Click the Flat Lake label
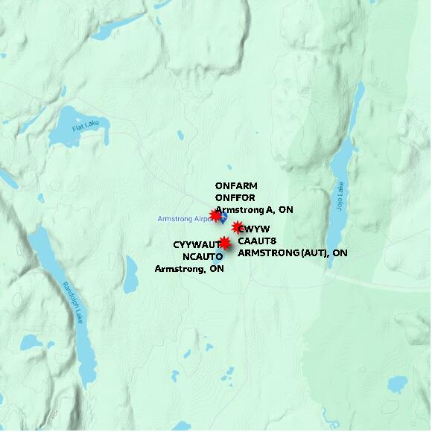(x=86, y=127)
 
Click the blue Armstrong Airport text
(x=183, y=219)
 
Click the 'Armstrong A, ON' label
(x=254, y=210)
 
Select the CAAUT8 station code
(x=258, y=241)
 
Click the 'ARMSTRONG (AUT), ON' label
(x=293, y=253)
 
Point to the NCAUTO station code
(x=203, y=256)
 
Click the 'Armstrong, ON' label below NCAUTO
(x=189, y=269)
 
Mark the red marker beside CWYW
(x=238, y=227)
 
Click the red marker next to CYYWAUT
(x=224, y=242)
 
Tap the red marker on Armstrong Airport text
(x=215, y=216)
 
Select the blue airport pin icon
(x=223, y=217)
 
